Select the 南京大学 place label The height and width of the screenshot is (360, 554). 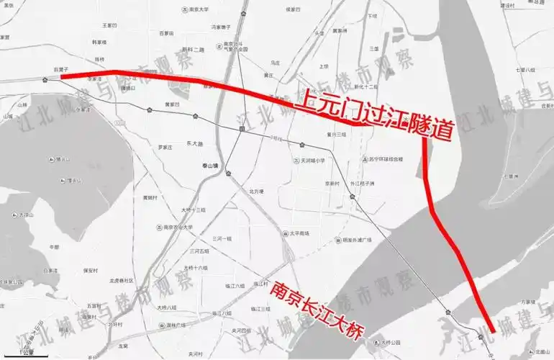pos(196,9)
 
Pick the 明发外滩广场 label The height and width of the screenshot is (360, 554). pos(357,239)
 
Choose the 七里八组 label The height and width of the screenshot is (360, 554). pos(525,70)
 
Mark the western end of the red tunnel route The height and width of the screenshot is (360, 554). pos(62,76)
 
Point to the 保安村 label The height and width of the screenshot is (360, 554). pos(91,270)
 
